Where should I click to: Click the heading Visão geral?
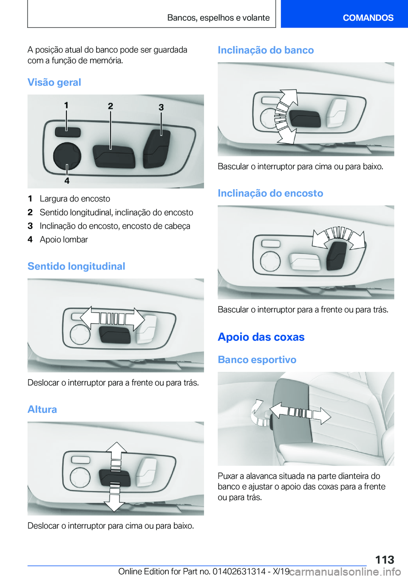pyautogui.click(x=54, y=82)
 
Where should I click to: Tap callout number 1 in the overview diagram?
pyautogui.click(x=66, y=105)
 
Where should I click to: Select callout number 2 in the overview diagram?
pyautogui.click(x=110, y=106)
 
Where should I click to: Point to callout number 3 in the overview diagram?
pyautogui.click(x=161, y=107)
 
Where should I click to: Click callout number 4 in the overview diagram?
pyautogui.click(x=67, y=180)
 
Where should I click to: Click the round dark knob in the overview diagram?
pyautogui.click(x=67, y=156)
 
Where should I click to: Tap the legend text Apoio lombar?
pyautogui.click(x=64, y=240)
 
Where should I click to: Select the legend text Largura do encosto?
pyautogui.click(x=75, y=199)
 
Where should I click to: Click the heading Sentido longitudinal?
pyautogui.click(x=76, y=266)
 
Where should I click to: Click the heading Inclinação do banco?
pyautogui.click(x=266, y=50)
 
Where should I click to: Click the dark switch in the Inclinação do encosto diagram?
pyautogui.click(x=337, y=256)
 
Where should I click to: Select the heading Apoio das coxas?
pyautogui.click(x=261, y=337)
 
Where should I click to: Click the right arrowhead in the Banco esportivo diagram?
pyautogui.click(x=322, y=416)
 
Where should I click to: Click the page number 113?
pyautogui.click(x=385, y=560)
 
